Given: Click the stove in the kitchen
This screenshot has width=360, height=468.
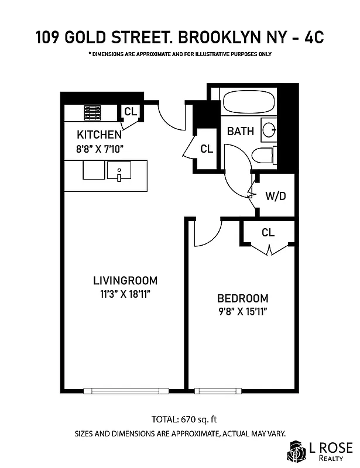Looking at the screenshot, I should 92,112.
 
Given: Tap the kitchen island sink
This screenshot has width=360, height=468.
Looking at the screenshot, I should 119,172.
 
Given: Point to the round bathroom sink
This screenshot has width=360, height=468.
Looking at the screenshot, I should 269,130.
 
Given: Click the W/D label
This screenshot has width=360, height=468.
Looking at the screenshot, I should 275,196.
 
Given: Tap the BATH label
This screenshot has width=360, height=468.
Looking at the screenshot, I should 241,132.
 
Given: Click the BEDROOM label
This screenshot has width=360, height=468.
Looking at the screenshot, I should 242,298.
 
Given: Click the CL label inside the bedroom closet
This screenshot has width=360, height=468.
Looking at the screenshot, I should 268,233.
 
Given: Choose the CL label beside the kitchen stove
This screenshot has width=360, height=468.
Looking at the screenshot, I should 130,111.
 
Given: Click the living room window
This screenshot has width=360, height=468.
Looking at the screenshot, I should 126,391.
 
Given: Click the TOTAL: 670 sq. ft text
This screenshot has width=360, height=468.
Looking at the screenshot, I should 180,419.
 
